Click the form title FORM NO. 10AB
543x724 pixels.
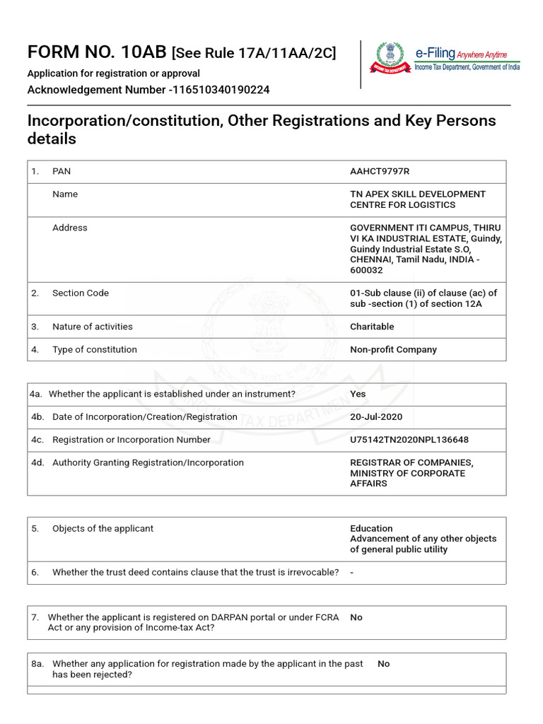[x=97, y=52]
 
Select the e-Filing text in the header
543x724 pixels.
[x=434, y=54]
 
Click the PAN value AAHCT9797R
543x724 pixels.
[x=380, y=172]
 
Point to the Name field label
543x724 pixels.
[x=65, y=194]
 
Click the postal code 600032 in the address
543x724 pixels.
[x=366, y=270]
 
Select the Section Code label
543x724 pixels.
[x=81, y=293]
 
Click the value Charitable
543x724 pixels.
[x=372, y=327]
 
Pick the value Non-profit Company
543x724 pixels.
[x=393, y=349]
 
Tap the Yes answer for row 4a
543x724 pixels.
[x=358, y=394]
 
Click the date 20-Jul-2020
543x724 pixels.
[x=376, y=417]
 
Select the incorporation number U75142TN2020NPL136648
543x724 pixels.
[x=409, y=440]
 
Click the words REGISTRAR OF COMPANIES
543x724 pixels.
[x=411, y=463]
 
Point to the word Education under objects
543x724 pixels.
[x=371, y=528]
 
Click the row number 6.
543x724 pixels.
[x=35, y=572]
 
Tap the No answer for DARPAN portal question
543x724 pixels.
[x=356, y=617]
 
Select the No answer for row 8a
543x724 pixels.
[x=383, y=664]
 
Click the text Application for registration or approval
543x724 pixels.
[x=113, y=74]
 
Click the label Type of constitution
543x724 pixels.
[x=95, y=349]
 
